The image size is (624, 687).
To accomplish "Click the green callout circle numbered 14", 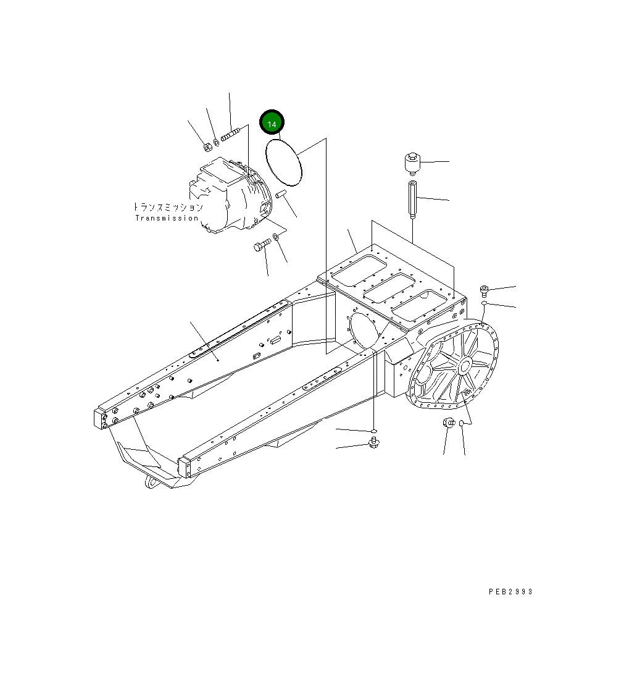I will coord(272,122).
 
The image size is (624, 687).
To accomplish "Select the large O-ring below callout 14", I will coord(284,162).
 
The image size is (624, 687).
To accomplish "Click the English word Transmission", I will coord(167,218).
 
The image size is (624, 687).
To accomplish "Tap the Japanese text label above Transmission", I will coord(168,207).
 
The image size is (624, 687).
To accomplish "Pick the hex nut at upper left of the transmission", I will coord(207,146).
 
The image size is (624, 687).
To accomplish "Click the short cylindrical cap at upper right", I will coord(412,164).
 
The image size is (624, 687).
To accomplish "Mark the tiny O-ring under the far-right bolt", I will coord(486,304).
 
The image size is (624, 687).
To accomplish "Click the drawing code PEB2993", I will coord(510,592).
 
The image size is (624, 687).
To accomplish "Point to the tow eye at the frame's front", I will coord(151,481).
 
